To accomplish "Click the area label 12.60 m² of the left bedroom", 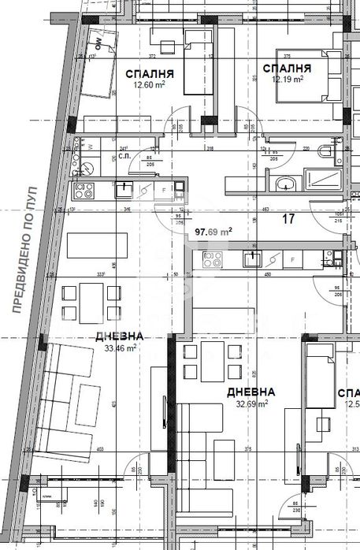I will point(148,88).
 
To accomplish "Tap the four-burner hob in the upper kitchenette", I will point(84,190).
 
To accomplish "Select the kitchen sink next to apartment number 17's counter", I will point(253,258).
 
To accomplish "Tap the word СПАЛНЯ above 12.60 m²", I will point(150,75).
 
